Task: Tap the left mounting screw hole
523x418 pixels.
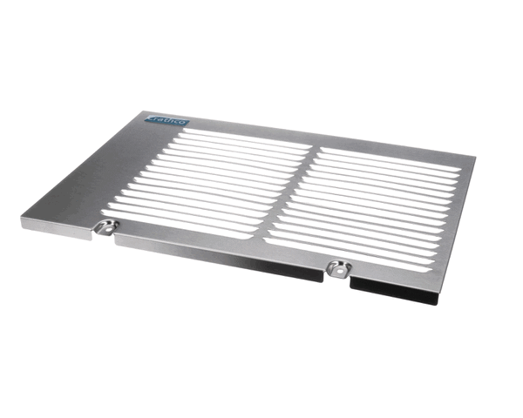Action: coord(107,227)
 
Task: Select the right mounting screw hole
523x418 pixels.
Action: coord(335,266)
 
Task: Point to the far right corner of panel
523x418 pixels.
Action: coord(476,158)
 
